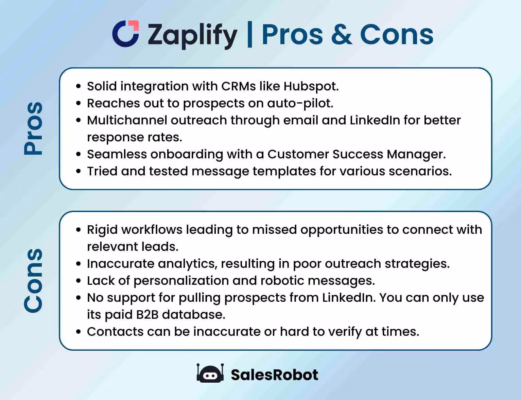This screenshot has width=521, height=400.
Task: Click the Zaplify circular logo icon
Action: (x=126, y=34)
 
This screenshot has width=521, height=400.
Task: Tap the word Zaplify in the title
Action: (x=192, y=35)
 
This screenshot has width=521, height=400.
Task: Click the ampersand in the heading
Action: (x=341, y=34)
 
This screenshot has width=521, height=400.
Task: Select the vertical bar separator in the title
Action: (x=250, y=34)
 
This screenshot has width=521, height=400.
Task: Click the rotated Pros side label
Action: (x=33, y=128)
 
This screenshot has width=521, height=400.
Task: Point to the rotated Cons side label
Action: (x=33, y=280)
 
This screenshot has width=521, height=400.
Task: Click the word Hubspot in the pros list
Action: (x=311, y=86)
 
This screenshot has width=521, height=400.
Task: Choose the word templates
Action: (x=284, y=171)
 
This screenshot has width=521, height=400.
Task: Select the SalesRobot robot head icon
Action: (x=210, y=374)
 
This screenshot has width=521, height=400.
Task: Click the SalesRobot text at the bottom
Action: (x=274, y=375)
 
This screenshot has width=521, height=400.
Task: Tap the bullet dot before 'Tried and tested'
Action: (x=79, y=171)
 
